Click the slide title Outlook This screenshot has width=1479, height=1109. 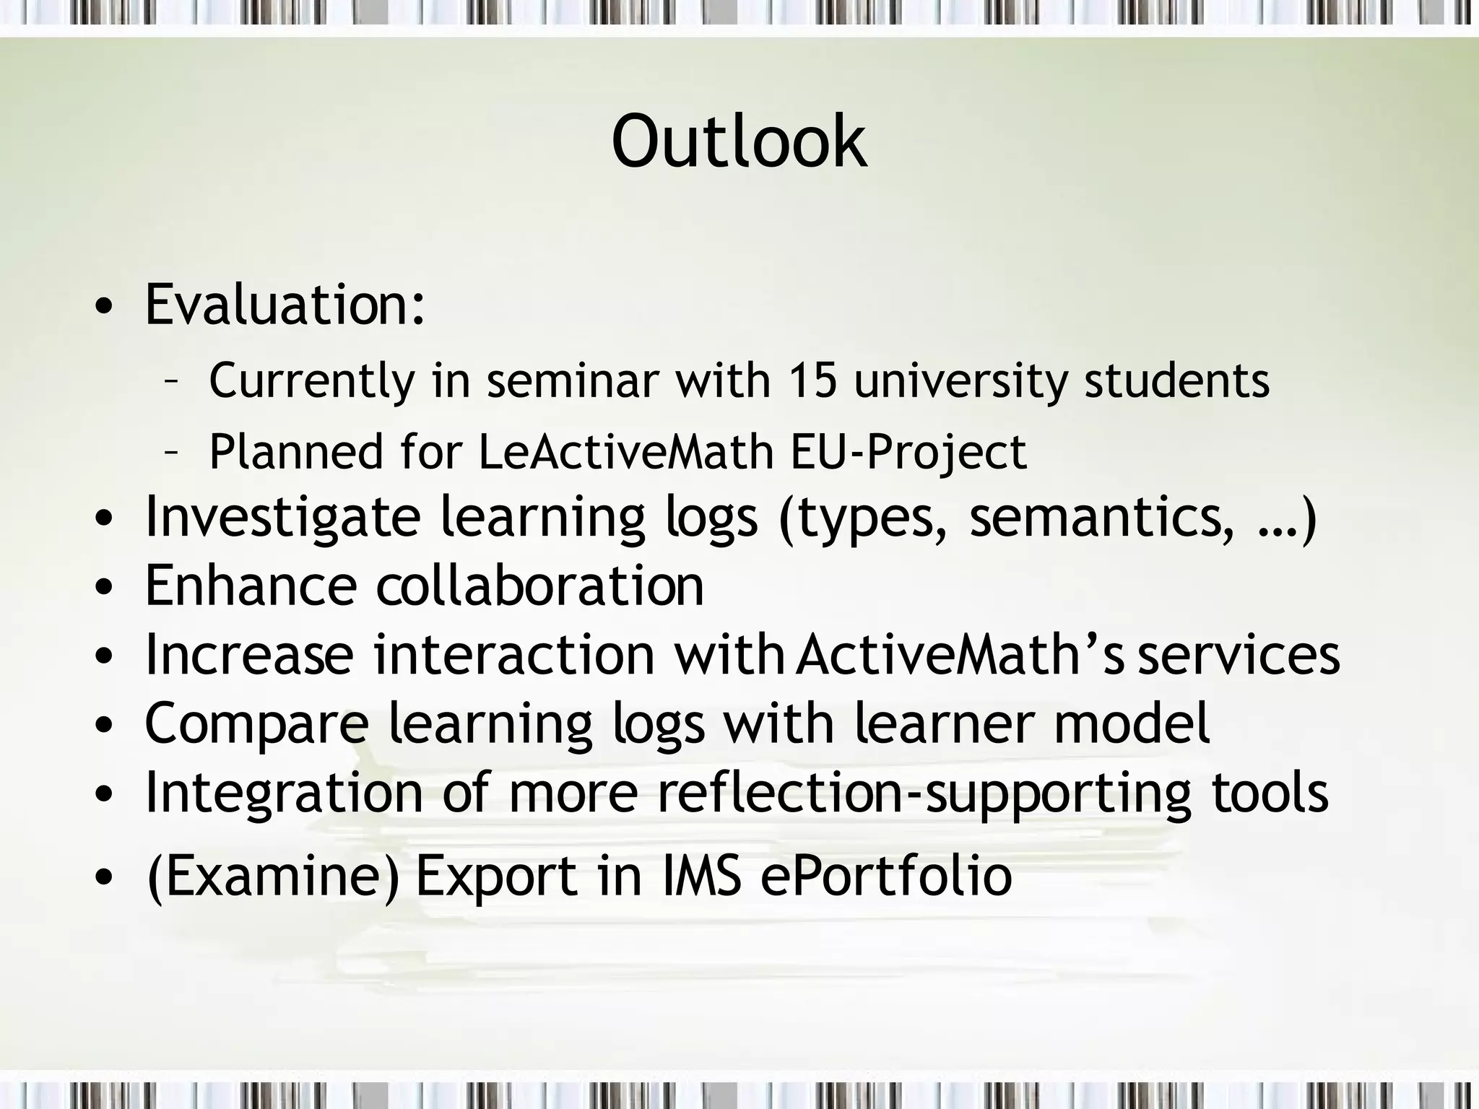click(739, 142)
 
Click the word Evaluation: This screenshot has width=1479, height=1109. click(285, 305)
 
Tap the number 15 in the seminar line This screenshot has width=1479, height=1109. click(812, 380)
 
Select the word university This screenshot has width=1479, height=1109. click(960, 381)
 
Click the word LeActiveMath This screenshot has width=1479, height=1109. click(626, 452)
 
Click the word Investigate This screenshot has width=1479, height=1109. click(282, 518)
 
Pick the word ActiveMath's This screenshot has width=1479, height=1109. click(960, 654)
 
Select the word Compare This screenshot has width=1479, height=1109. click(257, 724)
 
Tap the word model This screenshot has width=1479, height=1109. click(1132, 723)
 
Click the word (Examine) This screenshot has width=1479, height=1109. click(272, 877)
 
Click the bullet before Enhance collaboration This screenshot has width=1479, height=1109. click(104, 588)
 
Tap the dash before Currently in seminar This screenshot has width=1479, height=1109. click(171, 381)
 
